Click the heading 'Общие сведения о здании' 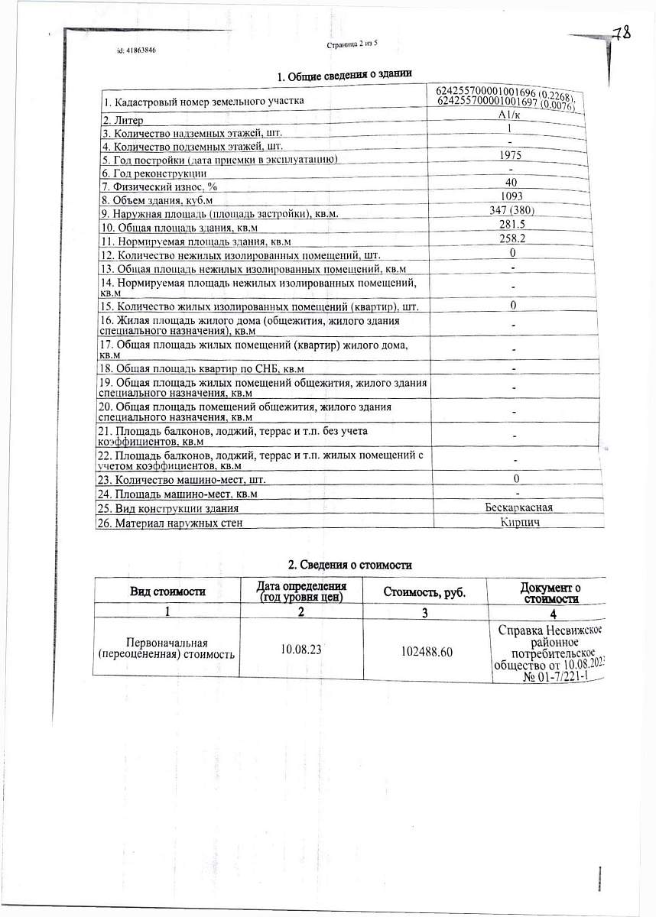pos(344,76)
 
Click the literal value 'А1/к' pos(508,115)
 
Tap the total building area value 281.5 pos(510,225)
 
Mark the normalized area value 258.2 pos(510,239)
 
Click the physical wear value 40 pos(511,183)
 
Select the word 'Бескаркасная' pos(518,507)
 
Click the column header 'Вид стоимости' pos(167,591)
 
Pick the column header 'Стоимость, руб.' pos(424,591)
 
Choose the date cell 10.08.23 pos(300,649)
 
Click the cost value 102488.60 pos(426,650)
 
